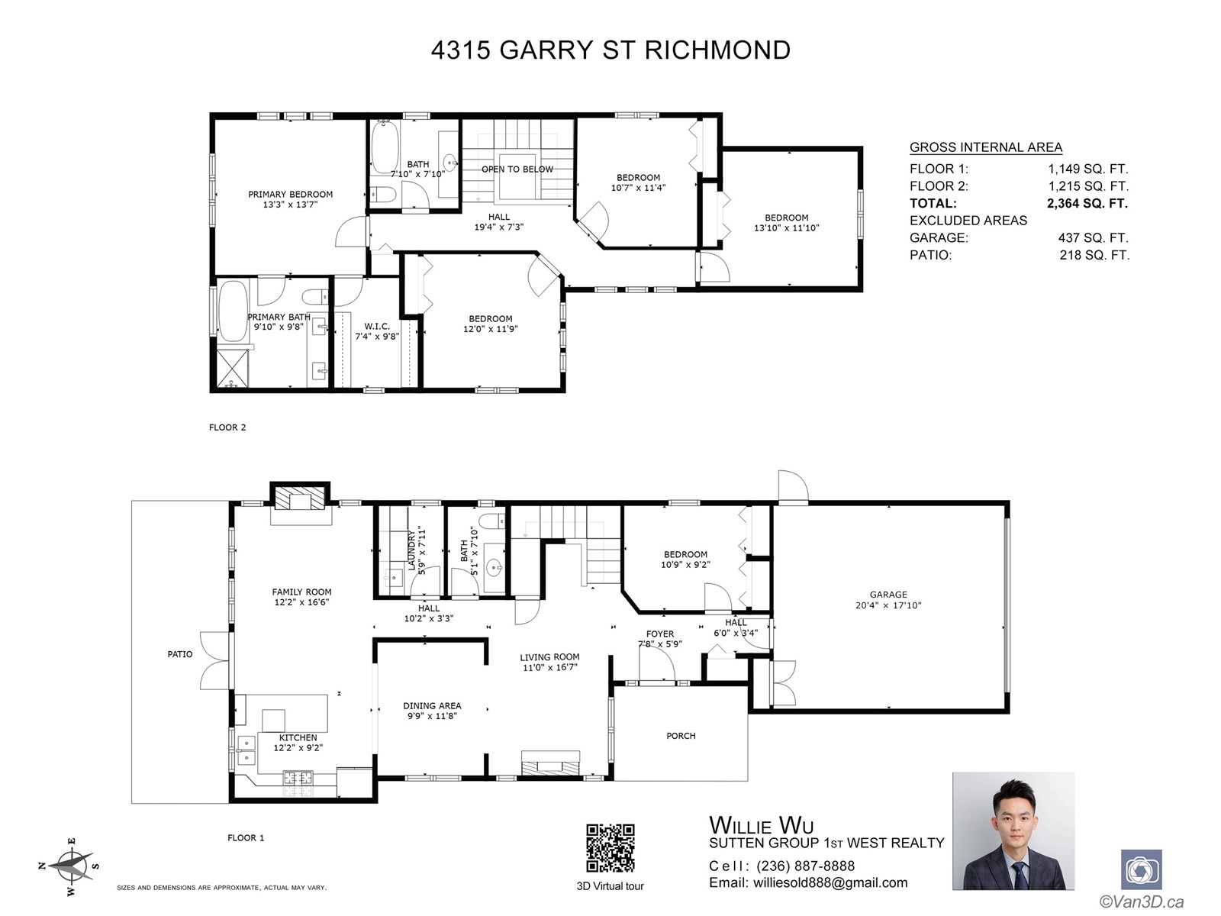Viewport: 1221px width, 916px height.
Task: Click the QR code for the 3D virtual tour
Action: click(610, 848)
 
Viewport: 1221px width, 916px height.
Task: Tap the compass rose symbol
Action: click(70, 866)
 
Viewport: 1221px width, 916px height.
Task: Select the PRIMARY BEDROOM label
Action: click(291, 194)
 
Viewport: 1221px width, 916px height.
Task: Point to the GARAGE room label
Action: click(888, 595)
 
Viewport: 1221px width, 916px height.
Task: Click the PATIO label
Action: click(180, 654)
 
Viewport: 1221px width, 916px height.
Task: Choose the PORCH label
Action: click(681, 736)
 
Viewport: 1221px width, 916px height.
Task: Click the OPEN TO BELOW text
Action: click(517, 169)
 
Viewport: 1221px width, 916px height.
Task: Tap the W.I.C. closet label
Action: click(377, 327)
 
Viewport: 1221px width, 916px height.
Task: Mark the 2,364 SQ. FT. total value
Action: click(1087, 204)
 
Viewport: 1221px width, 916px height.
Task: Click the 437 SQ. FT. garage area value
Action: click(1093, 238)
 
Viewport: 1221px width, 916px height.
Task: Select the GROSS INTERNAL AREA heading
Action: click(986, 147)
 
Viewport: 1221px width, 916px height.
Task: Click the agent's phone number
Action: click(805, 866)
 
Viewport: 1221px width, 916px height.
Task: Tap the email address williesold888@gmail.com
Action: click(830, 882)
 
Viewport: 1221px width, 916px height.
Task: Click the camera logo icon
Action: click(1142, 870)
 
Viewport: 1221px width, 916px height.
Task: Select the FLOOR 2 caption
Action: click(227, 427)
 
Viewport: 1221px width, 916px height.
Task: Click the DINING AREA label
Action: click(432, 706)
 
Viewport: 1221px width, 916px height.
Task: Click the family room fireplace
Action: click(301, 498)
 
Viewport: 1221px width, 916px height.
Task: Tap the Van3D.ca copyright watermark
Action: click(1142, 902)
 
